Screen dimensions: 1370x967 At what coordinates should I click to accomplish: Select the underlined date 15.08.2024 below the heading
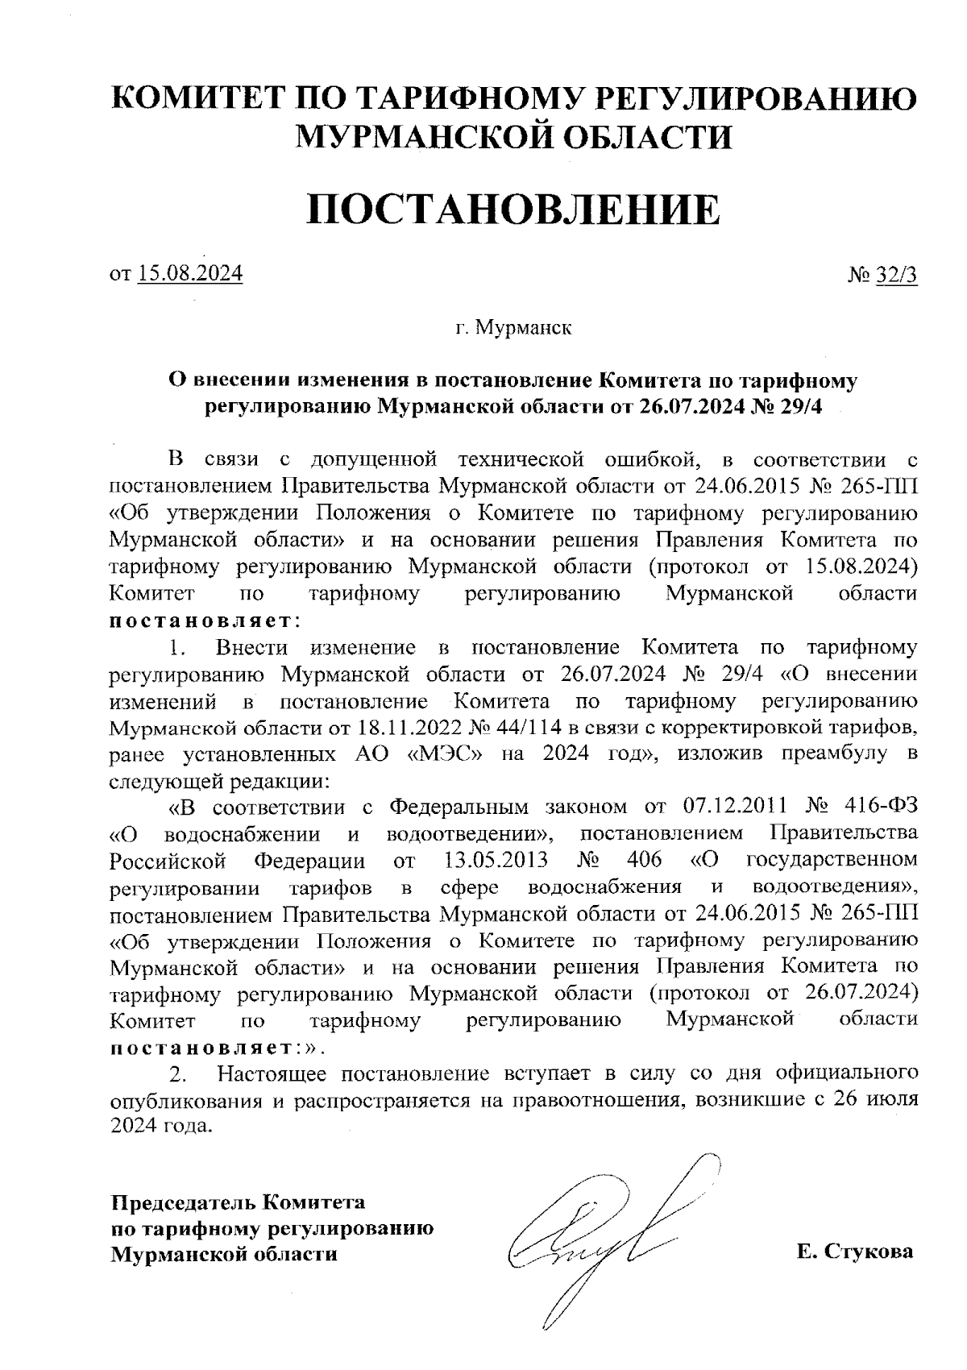point(190,274)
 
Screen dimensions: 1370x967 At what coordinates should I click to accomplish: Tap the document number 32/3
point(896,276)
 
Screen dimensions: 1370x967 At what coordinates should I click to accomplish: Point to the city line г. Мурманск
point(513,328)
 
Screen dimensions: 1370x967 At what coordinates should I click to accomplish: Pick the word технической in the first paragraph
point(521,460)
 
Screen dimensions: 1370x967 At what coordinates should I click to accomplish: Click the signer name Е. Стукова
point(855,1252)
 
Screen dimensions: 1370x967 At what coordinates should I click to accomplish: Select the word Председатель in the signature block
point(183,1202)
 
